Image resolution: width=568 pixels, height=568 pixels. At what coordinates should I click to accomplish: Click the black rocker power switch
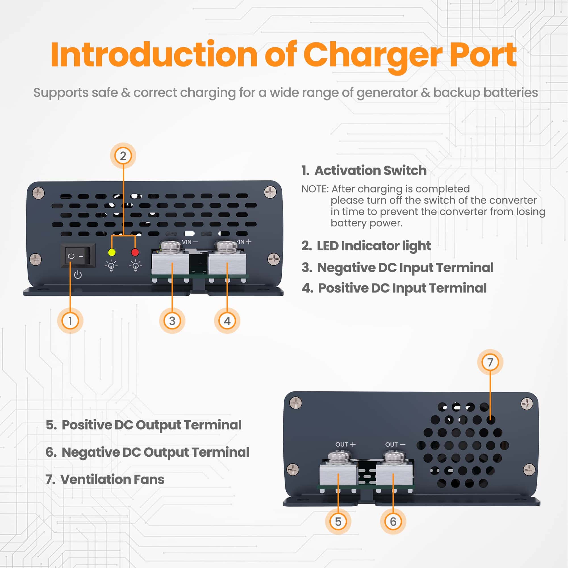tap(78, 256)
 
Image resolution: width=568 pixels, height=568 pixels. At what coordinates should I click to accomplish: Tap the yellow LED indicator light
tap(112, 252)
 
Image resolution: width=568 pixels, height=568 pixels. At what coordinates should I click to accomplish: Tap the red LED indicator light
tap(135, 252)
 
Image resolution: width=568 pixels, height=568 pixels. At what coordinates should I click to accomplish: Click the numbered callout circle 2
tap(123, 156)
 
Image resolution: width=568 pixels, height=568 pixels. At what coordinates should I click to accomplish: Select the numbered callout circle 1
tap(70, 320)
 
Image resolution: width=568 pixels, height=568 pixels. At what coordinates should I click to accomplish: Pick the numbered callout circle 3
tap(172, 320)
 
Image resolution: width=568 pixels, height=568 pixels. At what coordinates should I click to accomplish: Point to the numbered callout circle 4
tap(227, 320)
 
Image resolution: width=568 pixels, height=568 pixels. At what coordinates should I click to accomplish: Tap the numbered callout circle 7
tap(490, 362)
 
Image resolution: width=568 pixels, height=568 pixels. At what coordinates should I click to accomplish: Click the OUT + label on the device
tap(345, 444)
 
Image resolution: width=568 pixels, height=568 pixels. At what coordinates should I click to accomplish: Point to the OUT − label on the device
tap(395, 444)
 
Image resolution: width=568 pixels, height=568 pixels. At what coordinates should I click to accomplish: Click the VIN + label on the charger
tap(244, 242)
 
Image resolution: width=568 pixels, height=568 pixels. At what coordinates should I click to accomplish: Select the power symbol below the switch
tap(78, 275)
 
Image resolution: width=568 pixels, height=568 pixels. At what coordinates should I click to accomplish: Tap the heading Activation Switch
tap(370, 170)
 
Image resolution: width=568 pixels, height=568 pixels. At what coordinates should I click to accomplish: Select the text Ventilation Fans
tap(112, 479)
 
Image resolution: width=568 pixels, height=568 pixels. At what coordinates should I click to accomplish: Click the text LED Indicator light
tap(374, 246)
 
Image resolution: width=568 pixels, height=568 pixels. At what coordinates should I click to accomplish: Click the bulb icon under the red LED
tap(135, 266)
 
